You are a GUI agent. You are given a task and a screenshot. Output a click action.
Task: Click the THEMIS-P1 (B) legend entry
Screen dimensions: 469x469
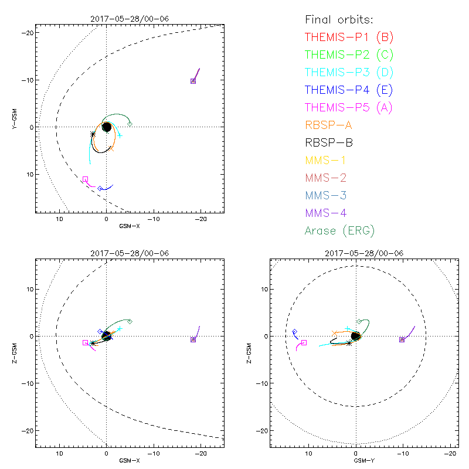[x=349, y=38]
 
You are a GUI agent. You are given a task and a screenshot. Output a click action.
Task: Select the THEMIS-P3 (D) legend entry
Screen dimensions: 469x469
[x=349, y=73]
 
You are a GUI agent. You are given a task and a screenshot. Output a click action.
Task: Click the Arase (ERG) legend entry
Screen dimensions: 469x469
[x=339, y=230]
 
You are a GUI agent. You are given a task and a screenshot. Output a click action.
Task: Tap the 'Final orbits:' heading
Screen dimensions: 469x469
[x=341, y=19]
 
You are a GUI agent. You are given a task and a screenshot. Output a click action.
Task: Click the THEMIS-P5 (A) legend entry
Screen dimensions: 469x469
[x=349, y=107]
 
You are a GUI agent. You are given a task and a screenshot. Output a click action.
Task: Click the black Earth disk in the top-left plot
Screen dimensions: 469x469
[x=106, y=127]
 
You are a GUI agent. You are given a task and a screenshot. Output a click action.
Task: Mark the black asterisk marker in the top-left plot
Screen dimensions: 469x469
[x=93, y=134]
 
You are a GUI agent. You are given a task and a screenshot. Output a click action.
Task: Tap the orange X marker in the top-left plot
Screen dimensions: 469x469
[x=110, y=149]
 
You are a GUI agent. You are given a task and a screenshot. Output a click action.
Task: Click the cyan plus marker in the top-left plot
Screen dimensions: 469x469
[x=120, y=135]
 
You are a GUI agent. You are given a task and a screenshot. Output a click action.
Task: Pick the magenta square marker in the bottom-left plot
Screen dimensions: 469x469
[x=85, y=342]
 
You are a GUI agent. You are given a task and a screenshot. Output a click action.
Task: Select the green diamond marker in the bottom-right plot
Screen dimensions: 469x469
[x=359, y=321]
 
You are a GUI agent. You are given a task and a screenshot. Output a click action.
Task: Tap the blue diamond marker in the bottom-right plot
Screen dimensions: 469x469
[x=294, y=332]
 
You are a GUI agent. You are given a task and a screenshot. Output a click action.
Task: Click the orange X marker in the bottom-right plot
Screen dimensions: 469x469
[x=334, y=333]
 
